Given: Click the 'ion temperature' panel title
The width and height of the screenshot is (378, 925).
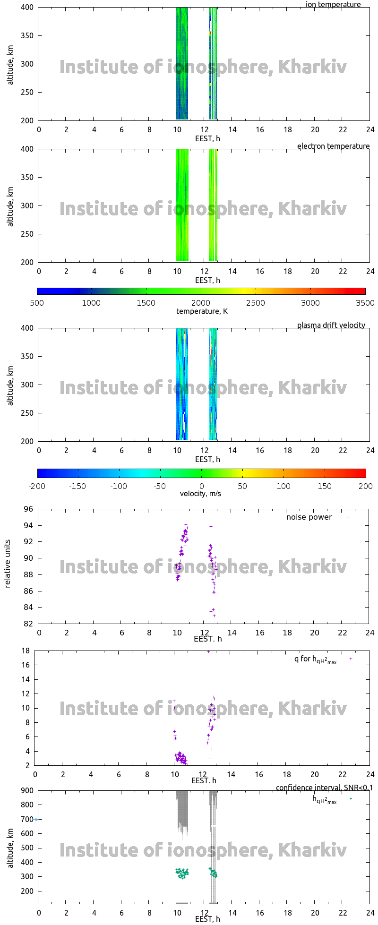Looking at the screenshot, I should coord(333,5).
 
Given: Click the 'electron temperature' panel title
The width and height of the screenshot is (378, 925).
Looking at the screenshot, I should coord(333,146).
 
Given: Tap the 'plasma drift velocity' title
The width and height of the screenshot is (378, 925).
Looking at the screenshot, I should coord(331,325).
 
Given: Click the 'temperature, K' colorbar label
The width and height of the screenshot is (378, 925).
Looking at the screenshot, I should coord(202,311).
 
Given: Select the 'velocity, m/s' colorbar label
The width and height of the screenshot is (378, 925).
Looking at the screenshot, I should coord(200,494).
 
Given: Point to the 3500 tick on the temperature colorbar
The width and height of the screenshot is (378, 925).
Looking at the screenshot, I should coord(365,303).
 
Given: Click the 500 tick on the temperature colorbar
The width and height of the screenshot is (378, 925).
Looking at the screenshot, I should coord(37,303).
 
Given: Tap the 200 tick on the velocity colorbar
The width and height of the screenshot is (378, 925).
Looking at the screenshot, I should coord(365,486).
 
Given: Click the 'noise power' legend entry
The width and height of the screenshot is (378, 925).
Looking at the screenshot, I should coord(309,517).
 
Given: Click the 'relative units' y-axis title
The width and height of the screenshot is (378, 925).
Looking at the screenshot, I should coord(8,566).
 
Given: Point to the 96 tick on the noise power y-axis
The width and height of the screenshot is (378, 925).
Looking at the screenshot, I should coord(29,509).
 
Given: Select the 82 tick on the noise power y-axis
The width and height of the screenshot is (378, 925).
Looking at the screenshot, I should coord(29,624).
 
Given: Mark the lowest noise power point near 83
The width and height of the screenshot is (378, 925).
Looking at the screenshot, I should coord(214,616).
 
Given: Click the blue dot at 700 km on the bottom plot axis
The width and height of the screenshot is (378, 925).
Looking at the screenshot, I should coord(36,819).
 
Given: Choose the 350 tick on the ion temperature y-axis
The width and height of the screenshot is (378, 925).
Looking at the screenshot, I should coord(26,35).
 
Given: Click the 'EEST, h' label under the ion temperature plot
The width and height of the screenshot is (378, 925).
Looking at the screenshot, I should coord(207,139).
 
